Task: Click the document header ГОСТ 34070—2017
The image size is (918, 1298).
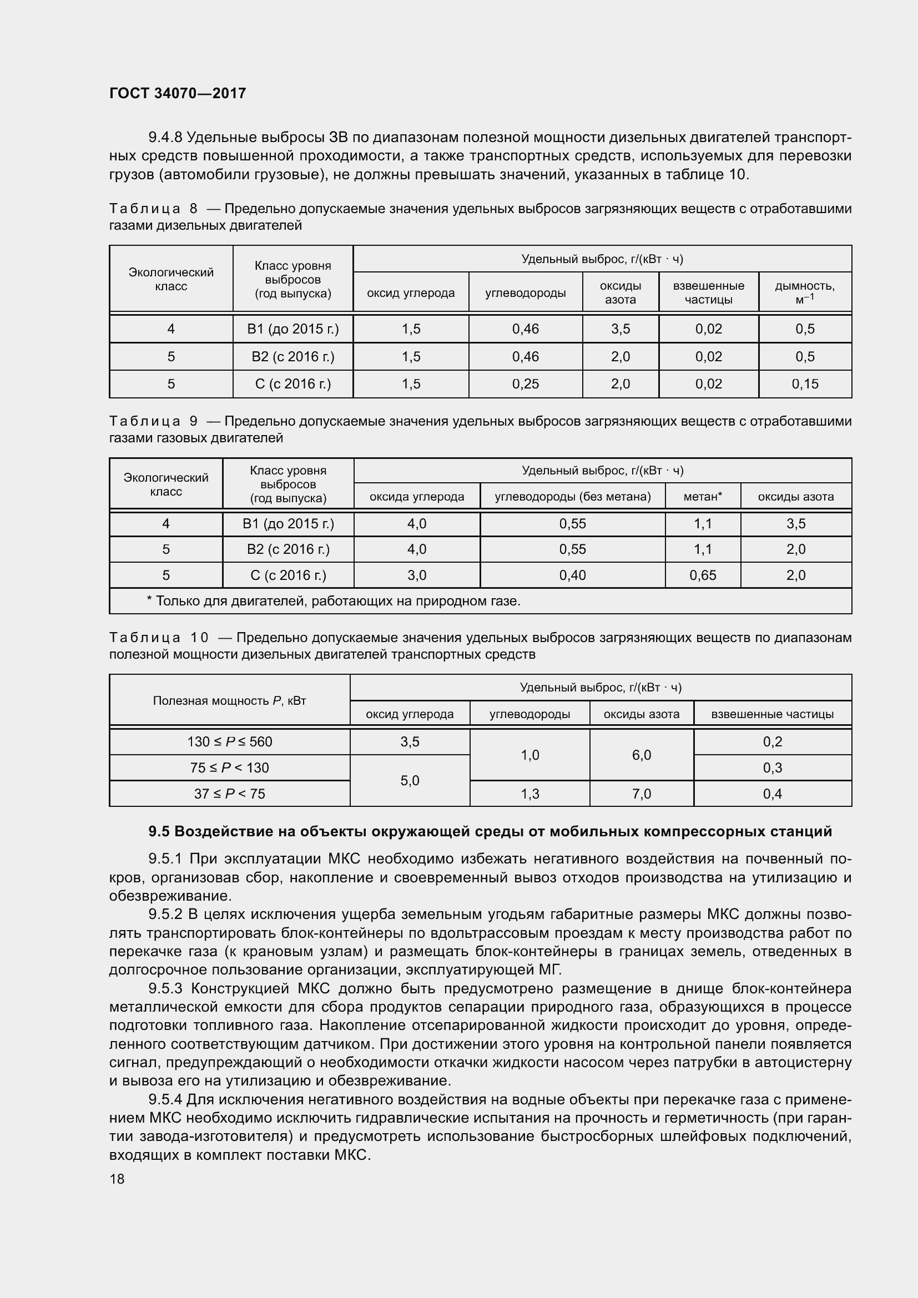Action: click(178, 93)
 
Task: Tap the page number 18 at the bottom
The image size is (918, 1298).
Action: click(117, 1179)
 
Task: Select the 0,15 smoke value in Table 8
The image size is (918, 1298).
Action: click(804, 384)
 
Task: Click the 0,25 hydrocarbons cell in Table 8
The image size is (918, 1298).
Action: click(525, 384)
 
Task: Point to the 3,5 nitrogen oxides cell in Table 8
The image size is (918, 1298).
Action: click(620, 329)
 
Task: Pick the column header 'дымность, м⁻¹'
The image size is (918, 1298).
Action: click(804, 292)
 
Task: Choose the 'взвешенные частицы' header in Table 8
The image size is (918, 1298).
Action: click(708, 292)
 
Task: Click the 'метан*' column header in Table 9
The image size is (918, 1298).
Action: click(703, 496)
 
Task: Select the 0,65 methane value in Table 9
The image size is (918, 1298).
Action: click(703, 575)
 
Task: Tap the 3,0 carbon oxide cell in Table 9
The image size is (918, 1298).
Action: click(417, 575)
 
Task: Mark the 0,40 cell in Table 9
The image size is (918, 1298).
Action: click(572, 575)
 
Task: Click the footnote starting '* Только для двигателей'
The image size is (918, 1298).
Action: click(334, 601)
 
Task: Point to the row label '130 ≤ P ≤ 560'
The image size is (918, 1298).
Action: click(230, 742)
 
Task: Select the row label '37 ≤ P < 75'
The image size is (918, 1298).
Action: click(230, 794)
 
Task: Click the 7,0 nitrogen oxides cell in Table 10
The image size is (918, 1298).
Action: click(642, 794)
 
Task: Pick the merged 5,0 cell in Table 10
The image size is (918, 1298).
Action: click(410, 781)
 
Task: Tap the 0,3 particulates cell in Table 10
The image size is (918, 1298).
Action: click(772, 767)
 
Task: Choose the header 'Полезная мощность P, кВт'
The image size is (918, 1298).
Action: click(230, 700)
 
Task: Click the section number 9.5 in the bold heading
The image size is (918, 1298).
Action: click(159, 832)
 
